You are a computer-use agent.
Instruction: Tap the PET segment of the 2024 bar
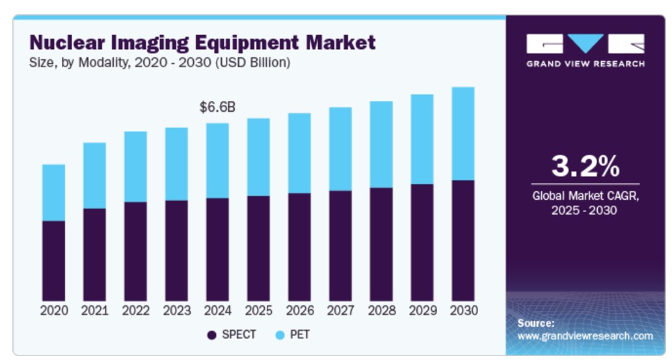pos(217,160)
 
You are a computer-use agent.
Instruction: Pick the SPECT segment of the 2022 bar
pos(135,251)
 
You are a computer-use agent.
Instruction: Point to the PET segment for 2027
pos(340,149)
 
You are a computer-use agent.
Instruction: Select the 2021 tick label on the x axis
pos(94,311)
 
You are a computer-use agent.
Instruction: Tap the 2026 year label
pos(299,311)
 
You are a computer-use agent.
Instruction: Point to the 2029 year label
pos(422,311)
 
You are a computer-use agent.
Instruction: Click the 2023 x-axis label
pos(176,311)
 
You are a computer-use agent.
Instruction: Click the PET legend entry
pos(293,335)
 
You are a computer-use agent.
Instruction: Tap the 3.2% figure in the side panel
pos(585,167)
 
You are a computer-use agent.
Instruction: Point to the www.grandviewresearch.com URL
pos(585,336)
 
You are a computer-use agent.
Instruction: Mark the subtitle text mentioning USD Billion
pos(159,63)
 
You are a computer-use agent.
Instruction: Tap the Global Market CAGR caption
pos(585,202)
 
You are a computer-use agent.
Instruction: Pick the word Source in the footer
pos(535,323)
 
